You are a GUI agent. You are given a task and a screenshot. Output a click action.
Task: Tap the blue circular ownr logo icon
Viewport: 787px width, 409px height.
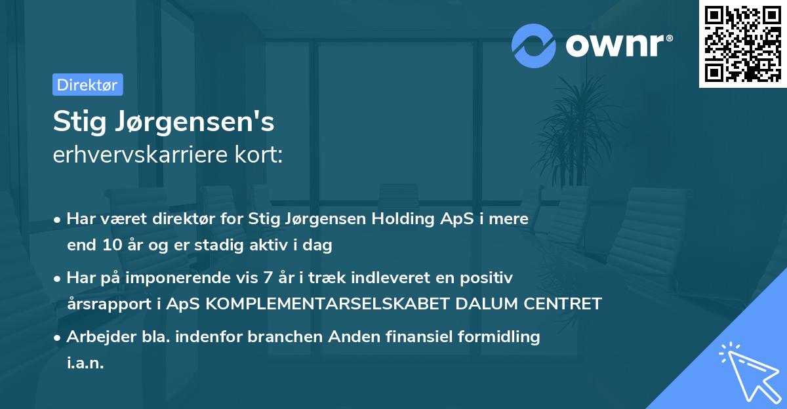(534, 46)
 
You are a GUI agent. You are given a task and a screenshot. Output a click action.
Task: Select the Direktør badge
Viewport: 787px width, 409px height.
(87, 85)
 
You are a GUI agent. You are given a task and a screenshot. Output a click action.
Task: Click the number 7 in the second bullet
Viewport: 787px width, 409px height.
(266, 277)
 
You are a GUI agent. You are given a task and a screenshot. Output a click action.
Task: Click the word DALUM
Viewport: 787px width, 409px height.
(482, 304)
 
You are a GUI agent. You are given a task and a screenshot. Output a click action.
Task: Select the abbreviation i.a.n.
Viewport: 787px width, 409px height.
(85, 363)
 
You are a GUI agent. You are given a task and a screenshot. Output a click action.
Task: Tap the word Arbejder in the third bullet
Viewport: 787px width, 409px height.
(96, 337)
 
